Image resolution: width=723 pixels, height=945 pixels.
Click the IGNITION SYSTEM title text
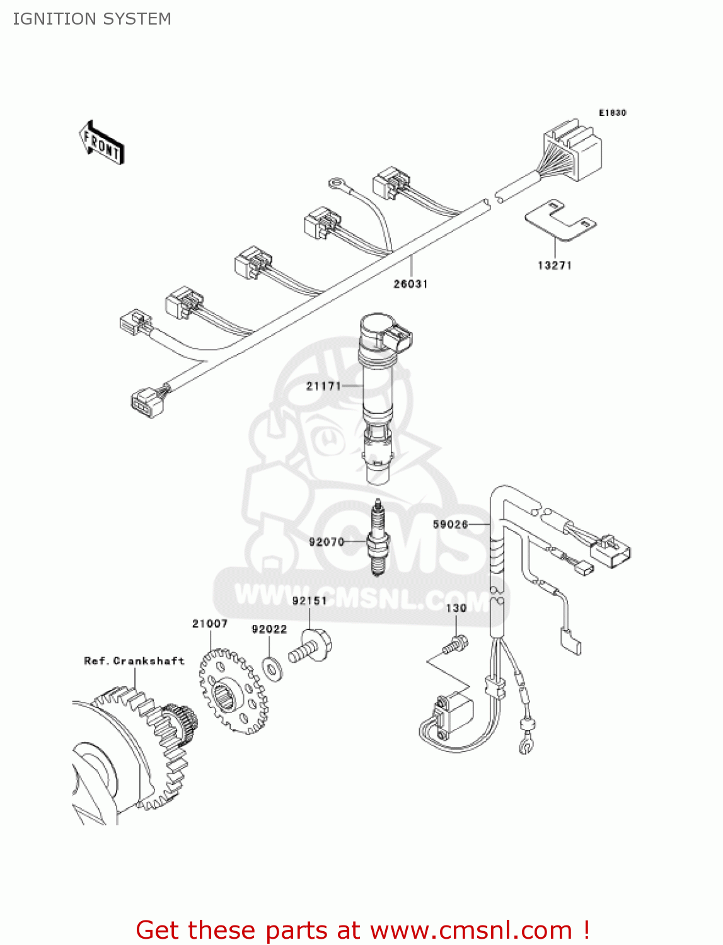(x=92, y=19)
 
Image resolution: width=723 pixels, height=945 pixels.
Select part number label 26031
(x=410, y=284)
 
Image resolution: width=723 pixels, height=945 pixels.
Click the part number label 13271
(x=555, y=266)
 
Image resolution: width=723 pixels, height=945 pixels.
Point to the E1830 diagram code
(x=612, y=113)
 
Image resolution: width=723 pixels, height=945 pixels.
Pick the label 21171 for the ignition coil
(x=323, y=386)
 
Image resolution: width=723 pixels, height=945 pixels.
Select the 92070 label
(x=326, y=542)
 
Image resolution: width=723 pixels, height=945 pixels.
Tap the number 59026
(x=450, y=524)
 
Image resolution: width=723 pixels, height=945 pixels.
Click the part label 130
(x=456, y=608)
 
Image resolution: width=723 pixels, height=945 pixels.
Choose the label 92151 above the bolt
(x=309, y=601)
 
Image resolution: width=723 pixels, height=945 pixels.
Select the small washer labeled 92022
(x=272, y=668)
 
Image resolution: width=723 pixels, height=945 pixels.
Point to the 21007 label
(x=209, y=624)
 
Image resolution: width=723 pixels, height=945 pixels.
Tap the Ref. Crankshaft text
(x=134, y=661)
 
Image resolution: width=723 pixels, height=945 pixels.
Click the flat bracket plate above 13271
(x=560, y=220)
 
